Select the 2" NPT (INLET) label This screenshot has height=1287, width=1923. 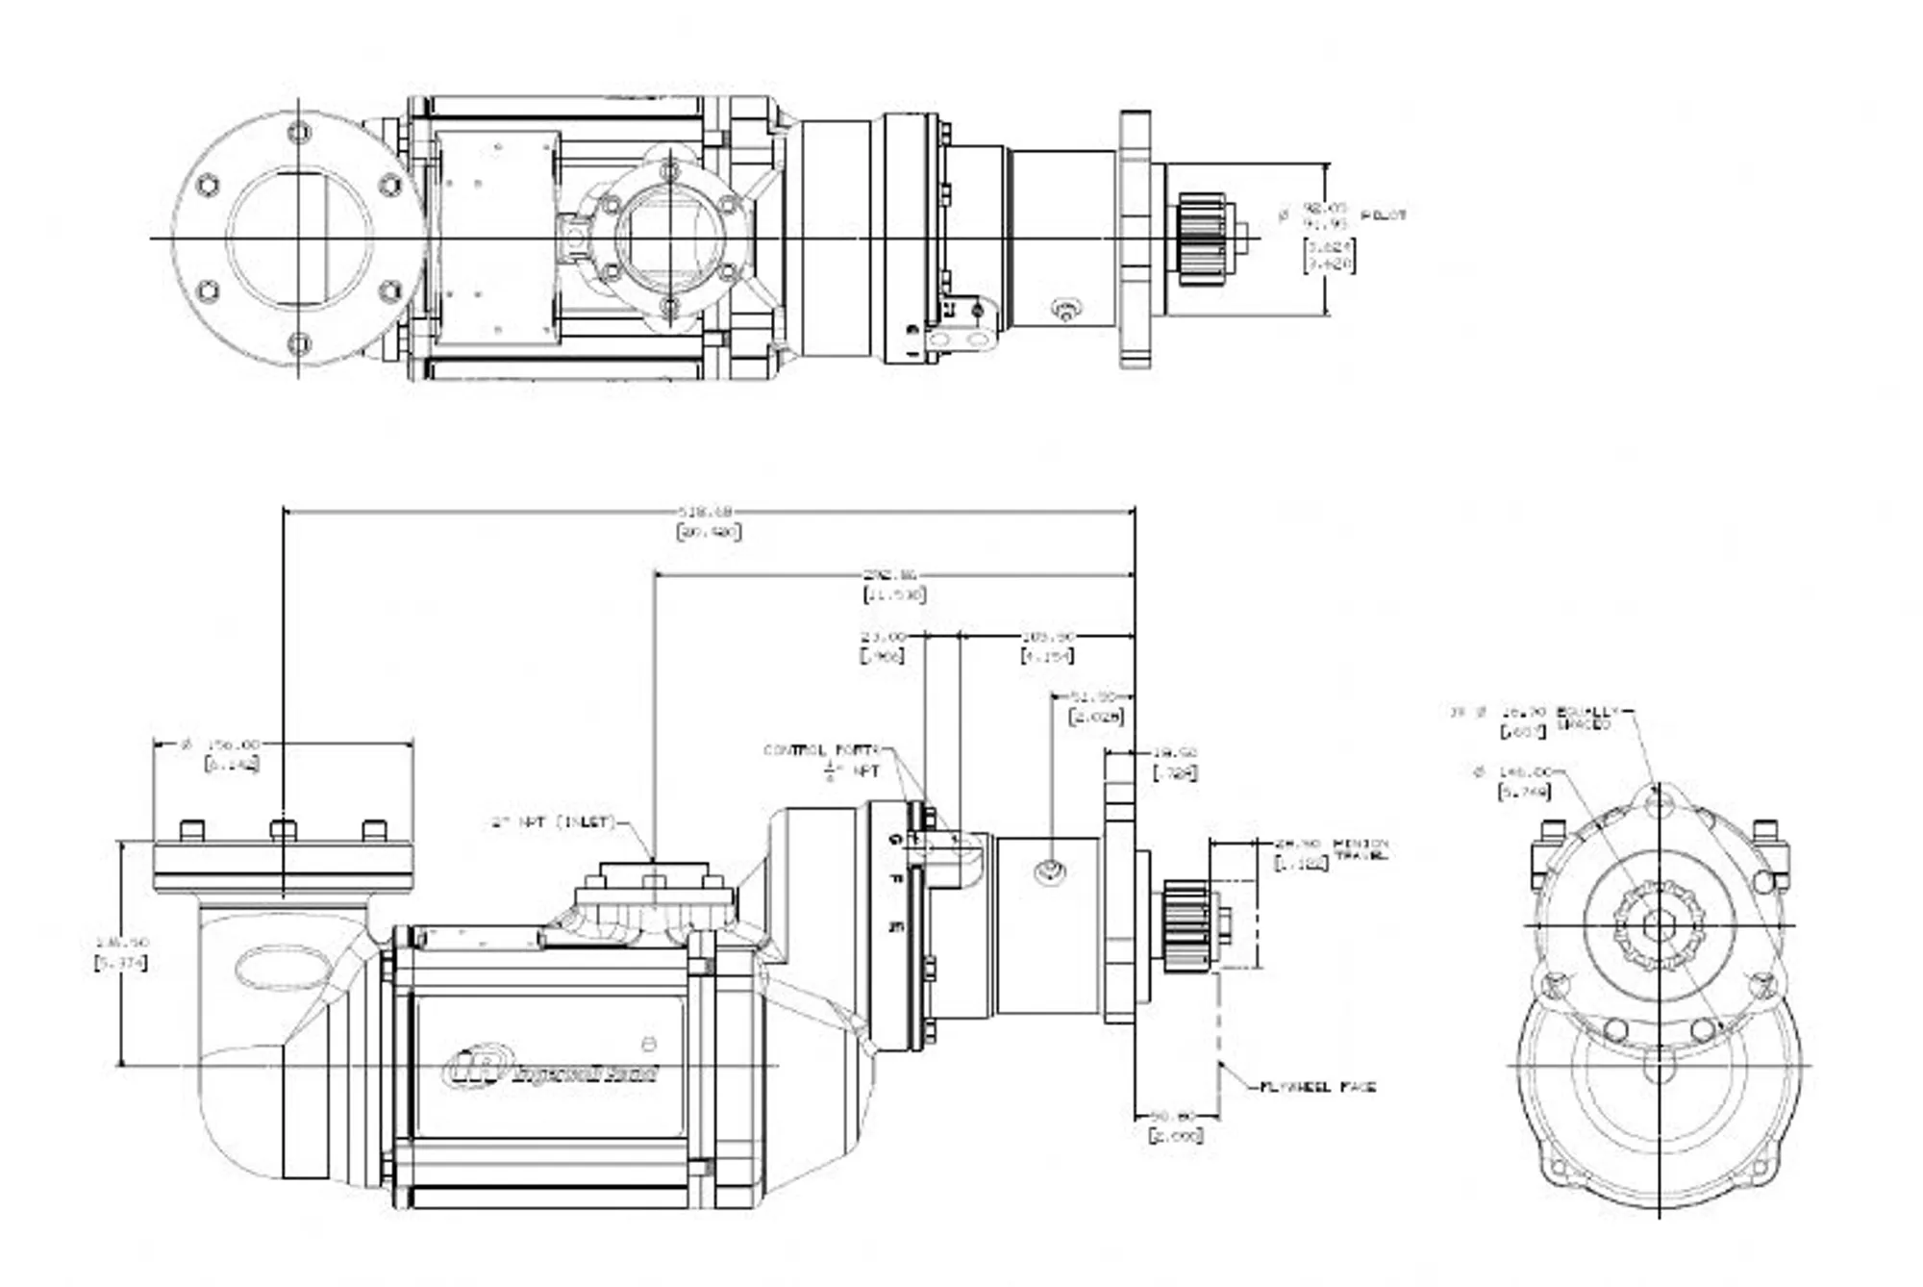(x=551, y=822)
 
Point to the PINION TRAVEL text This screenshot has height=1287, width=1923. (x=1361, y=849)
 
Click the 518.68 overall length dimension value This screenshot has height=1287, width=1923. (x=706, y=511)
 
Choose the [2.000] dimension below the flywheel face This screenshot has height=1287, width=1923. (x=1175, y=1136)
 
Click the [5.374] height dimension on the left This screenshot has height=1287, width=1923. (x=121, y=963)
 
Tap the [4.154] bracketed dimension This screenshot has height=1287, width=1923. (x=1046, y=656)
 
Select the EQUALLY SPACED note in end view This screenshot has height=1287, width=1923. (x=1586, y=718)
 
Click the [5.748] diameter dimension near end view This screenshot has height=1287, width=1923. (x=1524, y=792)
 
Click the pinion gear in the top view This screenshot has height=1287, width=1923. (x=1201, y=238)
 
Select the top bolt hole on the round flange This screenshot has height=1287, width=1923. (x=299, y=131)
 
